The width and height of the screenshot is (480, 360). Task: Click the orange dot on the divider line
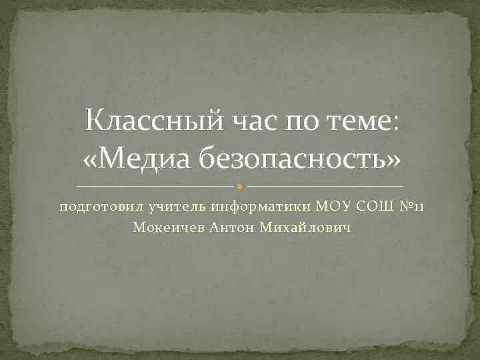(240, 185)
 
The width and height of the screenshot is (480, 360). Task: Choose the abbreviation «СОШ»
(373, 207)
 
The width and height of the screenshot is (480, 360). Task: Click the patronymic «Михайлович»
(303, 228)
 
